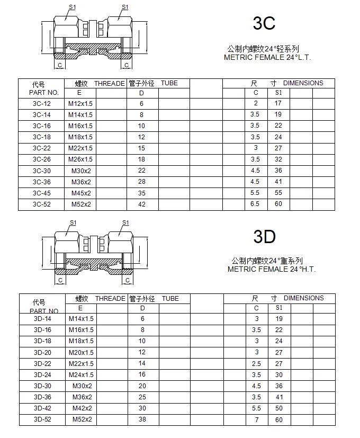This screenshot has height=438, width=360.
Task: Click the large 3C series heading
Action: tap(264, 23)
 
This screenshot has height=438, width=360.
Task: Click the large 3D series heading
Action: tap(264, 237)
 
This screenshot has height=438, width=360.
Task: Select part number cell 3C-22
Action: tap(42, 148)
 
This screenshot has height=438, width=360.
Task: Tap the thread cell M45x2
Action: tap(81, 193)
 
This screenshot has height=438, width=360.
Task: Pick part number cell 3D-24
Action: tap(42, 374)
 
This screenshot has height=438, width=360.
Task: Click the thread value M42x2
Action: tap(82, 408)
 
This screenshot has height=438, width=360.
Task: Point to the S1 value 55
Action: tap(278, 193)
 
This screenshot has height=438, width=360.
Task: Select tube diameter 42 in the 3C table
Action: tap(142, 204)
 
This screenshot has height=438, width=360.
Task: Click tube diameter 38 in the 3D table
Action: tap(142, 419)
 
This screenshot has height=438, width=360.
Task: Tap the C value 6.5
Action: tap(255, 204)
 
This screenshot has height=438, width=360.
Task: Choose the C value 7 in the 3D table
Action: tap(256, 419)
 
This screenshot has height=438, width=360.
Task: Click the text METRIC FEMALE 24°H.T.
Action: tap(272, 269)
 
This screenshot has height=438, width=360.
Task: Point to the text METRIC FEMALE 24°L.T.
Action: tap(267, 57)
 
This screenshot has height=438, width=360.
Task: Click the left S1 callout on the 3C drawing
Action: tap(72, 7)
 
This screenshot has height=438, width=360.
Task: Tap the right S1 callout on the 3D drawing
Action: tap(125, 222)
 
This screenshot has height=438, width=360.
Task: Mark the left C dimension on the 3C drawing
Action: tap(60, 65)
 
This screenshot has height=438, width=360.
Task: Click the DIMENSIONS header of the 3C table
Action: tap(303, 83)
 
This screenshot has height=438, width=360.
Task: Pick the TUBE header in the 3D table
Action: tap(170, 299)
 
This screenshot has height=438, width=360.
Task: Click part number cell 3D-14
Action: tap(42, 319)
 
